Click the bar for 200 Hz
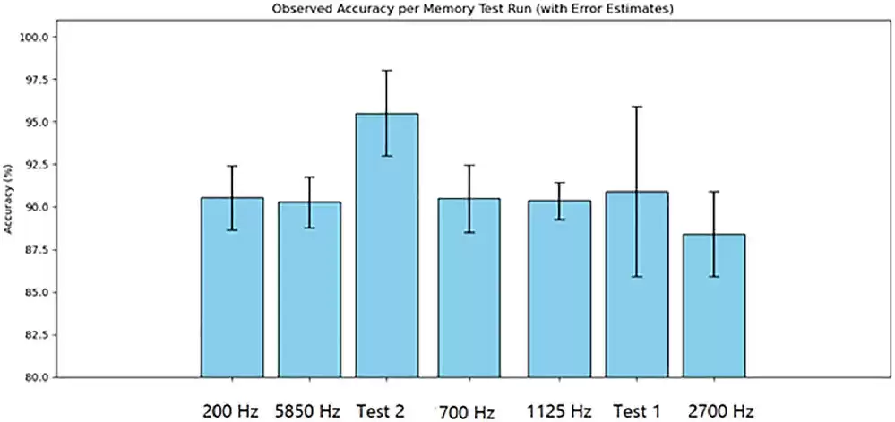click(x=232, y=287)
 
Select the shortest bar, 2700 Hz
click(x=714, y=305)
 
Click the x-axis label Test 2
click(x=380, y=411)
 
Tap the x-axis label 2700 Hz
click(x=720, y=411)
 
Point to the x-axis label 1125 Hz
click(x=560, y=411)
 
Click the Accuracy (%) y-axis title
click(x=8, y=199)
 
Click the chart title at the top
click(x=447, y=9)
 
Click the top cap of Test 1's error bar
click(x=637, y=106)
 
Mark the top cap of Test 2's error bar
click(x=386, y=70)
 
